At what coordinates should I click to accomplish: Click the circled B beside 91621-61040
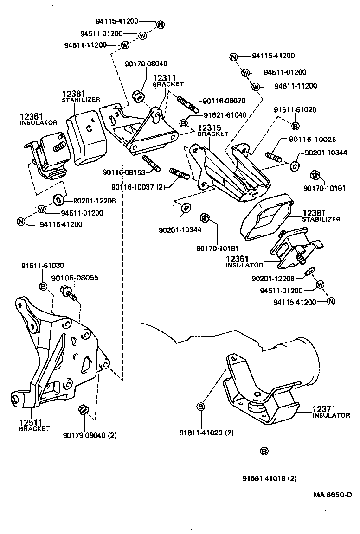pyautogui.click(x=184, y=122)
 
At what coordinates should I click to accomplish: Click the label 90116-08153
pyautogui.click(x=124, y=172)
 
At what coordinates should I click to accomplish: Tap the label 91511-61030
pyautogui.click(x=43, y=266)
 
